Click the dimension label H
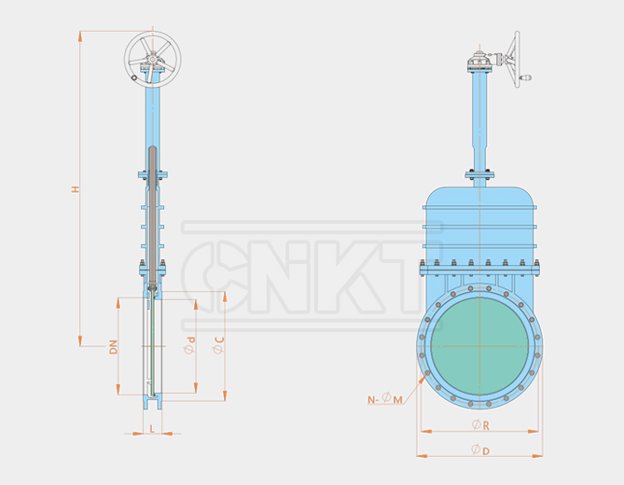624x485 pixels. pyautogui.click(x=76, y=189)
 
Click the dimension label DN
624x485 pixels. pyautogui.click(x=113, y=346)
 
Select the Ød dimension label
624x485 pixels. pyautogui.click(x=189, y=346)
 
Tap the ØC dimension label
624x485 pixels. pyautogui.click(x=217, y=346)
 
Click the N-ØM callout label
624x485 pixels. pyautogui.click(x=385, y=399)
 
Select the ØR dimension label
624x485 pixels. pyautogui.click(x=480, y=425)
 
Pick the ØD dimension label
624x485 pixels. pyautogui.click(x=480, y=450)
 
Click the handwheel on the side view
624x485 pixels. pyautogui.click(x=153, y=58)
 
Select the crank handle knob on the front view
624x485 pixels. pyautogui.click(x=527, y=78)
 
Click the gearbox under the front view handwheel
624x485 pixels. pyautogui.click(x=480, y=66)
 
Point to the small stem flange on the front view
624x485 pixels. pyautogui.click(x=480, y=173)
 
